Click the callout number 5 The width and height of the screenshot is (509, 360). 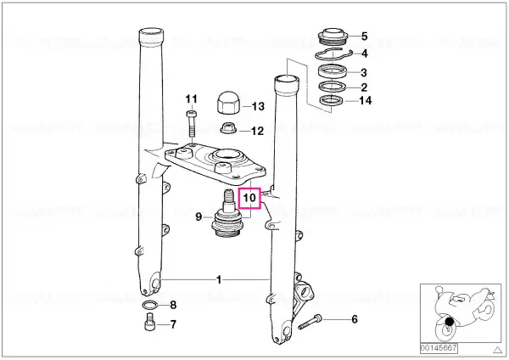click(364, 37)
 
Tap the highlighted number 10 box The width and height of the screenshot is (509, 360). click(249, 198)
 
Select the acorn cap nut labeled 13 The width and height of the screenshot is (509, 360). click(228, 103)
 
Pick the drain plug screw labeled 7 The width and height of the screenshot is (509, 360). click(149, 323)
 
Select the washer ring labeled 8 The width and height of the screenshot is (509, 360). click(149, 306)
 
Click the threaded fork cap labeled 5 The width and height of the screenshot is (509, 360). click(332, 37)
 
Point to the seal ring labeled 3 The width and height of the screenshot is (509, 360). click(333, 71)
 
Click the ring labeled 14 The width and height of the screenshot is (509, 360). click(332, 101)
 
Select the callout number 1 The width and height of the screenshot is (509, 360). click(219, 279)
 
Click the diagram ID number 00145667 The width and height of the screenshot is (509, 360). click(439, 349)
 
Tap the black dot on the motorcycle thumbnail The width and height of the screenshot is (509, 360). click(450, 322)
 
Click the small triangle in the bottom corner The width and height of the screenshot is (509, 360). click(497, 350)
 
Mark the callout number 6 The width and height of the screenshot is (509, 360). click(355, 319)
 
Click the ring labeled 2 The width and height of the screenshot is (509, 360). click(333, 87)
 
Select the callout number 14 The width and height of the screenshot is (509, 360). click(365, 101)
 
